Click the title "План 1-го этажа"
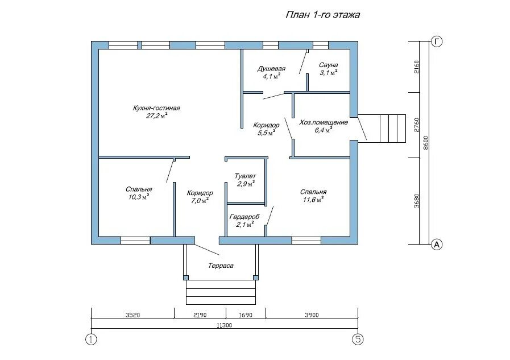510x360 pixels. [x=322, y=15]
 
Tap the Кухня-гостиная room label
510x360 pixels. [x=156, y=108]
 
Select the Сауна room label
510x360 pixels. [x=328, y=65]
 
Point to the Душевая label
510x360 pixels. [x=271, y=69]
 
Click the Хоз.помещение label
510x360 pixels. [x=324, y=123]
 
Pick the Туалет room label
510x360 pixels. [x=245, y=176]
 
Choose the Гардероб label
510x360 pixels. [x=244, y=217]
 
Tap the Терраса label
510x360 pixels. [x=221, y=266]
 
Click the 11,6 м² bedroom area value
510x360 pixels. [x=313, y=200]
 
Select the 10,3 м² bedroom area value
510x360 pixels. [x=139, y=197]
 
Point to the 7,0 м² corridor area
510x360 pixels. [x=200, y=201]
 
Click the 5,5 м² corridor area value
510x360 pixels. [x=267, y=133]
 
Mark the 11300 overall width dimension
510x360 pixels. [x=225, y=325]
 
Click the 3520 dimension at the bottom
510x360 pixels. [x=132, y=315]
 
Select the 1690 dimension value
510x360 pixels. [x=246, y=315]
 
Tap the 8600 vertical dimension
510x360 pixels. [x=426, y=143]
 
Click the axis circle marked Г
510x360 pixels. [x=437, y=42]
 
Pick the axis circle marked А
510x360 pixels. [x=437, y=244]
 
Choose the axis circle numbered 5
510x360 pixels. [x=358, y=340]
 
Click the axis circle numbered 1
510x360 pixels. [x=91, y=340]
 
